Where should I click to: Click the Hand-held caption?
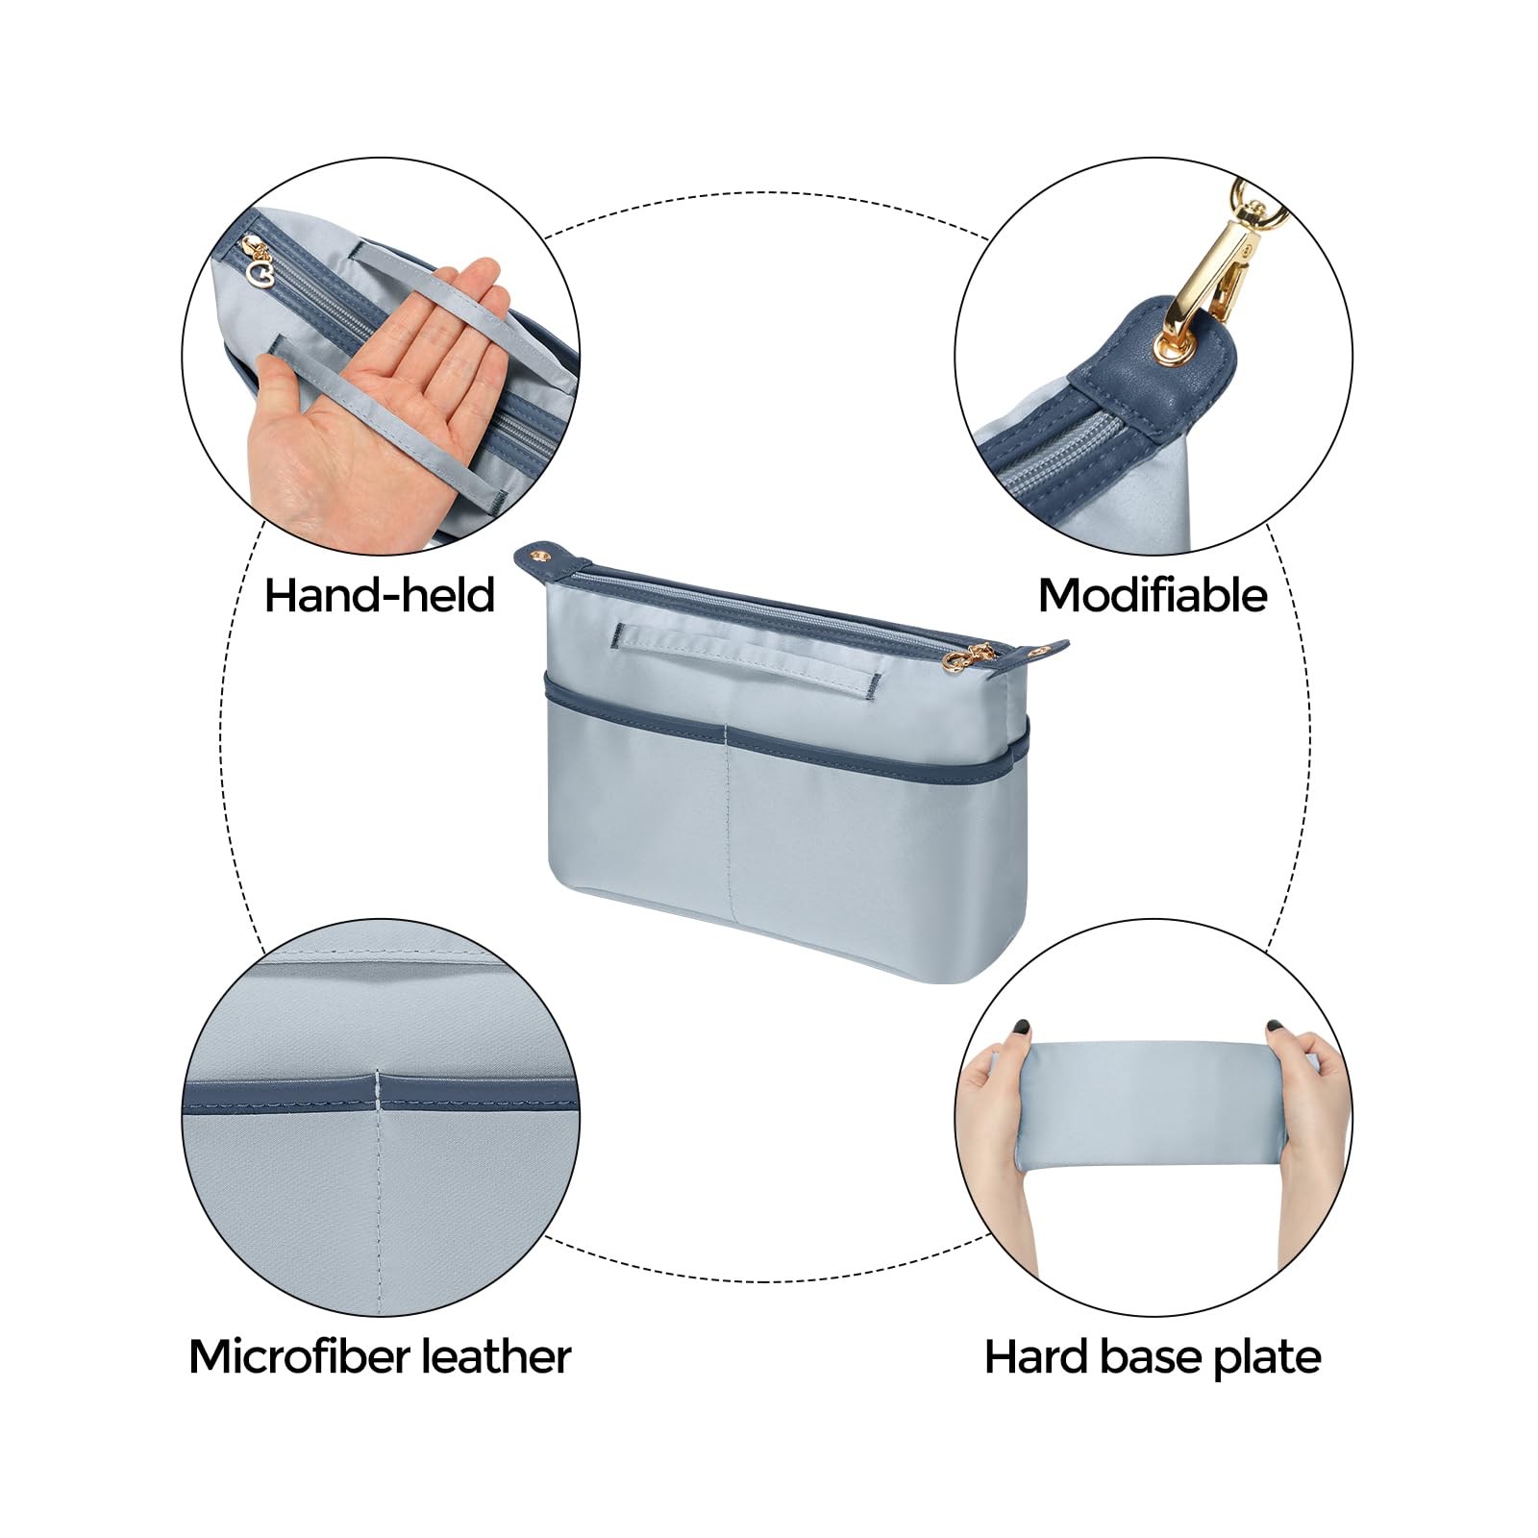380,595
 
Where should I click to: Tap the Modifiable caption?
1153,595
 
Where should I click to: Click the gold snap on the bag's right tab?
1037,651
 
